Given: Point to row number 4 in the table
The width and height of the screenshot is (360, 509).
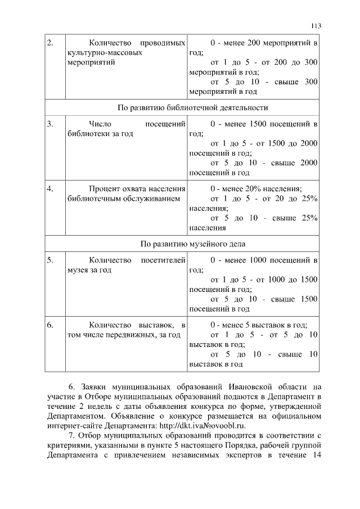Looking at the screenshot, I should coord(49,188).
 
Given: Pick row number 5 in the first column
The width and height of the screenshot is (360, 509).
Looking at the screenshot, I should coord(49,260).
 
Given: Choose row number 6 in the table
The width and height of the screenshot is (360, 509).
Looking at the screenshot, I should coord(49,325).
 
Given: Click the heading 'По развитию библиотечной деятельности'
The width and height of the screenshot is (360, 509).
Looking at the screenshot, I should coord(184,107).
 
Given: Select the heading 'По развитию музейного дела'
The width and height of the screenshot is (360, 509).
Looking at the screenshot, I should coord(184,244).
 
